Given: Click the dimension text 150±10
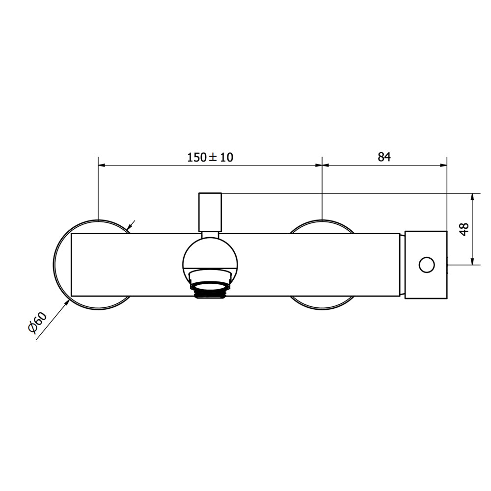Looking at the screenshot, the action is click(210, 157).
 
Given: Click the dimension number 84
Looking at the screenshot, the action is click(384, 157).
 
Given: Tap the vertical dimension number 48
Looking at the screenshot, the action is click(464, 229).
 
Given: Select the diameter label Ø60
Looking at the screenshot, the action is click(38, 323).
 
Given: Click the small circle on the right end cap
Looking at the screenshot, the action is click(427, 265).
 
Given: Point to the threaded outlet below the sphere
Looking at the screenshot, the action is click(210, 290).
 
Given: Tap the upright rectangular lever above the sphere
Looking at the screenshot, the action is click(210, 212).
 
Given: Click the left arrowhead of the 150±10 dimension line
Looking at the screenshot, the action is click(102, 165).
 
